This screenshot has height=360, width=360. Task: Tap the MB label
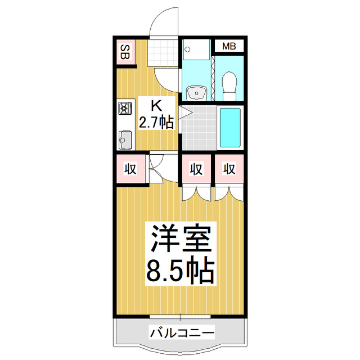tap(228, 46)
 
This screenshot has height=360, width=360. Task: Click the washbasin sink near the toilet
tap(196, 91)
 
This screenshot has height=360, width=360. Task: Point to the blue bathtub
tap(229, 128)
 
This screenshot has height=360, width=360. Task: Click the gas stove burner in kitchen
tap(125, 108)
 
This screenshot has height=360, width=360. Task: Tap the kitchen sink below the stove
tap(125, 137)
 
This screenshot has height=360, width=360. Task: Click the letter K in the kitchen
tap(157, 104)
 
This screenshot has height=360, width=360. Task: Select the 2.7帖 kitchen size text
tap(157, 121)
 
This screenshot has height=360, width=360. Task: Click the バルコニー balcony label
tap(181, 333)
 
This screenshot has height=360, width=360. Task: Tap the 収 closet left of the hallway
tap(130, 168)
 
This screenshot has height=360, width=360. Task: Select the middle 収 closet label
tap(196, 168)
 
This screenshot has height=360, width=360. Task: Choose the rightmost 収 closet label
tap(228, 168)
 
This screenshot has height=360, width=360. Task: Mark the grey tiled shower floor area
tap(198, 128)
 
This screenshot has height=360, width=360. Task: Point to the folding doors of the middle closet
tap(196, 193)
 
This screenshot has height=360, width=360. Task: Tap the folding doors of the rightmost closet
tap(229, 193)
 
